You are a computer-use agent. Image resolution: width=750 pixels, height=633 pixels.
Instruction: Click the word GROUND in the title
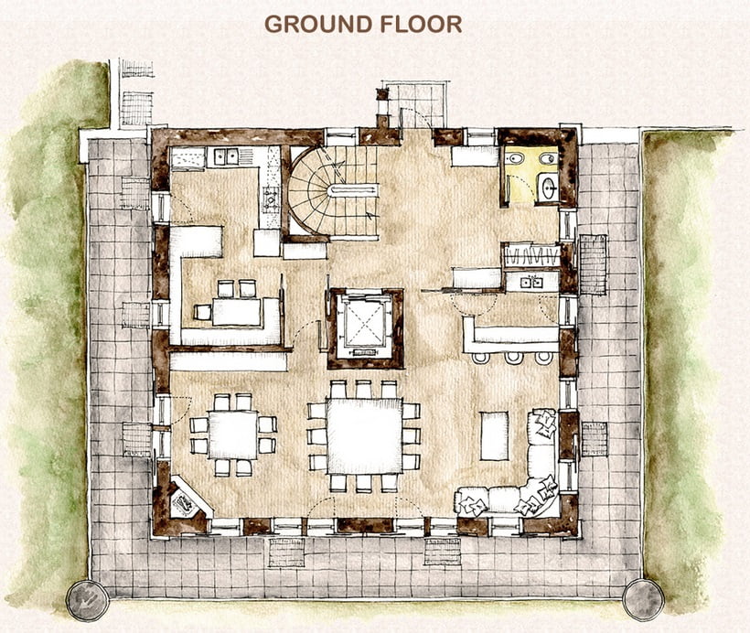click(x=318, y=25)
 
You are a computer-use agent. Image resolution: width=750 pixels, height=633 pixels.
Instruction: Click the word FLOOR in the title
click(x=421, y=25)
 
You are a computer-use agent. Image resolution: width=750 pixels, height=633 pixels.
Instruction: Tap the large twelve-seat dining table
click(x=364, y=436)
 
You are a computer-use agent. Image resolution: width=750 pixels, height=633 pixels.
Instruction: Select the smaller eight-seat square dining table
click(x=233, y=435)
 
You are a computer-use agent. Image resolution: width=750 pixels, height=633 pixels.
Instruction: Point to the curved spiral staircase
click(x=330, y=191)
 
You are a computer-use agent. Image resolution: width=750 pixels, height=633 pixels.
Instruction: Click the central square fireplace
click(x=365, y=327)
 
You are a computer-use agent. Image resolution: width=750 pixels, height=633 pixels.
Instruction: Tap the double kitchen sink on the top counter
click(x=226, y=156)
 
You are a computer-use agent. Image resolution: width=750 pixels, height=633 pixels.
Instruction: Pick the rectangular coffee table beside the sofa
click(x=495, y=435)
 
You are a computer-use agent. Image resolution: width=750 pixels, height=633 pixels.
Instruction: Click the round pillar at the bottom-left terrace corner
click(x=88, y=600)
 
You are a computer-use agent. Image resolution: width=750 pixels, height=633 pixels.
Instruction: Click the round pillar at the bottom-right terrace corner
click(x=643, y=599)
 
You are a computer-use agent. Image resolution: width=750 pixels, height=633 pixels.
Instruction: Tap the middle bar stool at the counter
click(x=513, y=358)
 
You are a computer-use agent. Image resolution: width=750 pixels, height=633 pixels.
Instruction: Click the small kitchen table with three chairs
click(x=237, y=312)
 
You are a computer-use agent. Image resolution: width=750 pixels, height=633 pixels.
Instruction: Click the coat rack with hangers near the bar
click(x=530, y=255)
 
